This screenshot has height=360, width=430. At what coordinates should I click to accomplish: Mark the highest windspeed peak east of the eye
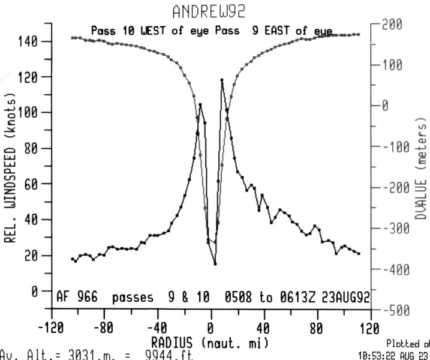coord(222,79)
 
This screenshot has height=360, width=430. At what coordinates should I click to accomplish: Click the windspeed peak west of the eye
coord(200,104)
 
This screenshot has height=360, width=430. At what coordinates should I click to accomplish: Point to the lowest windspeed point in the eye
coord(215,263)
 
